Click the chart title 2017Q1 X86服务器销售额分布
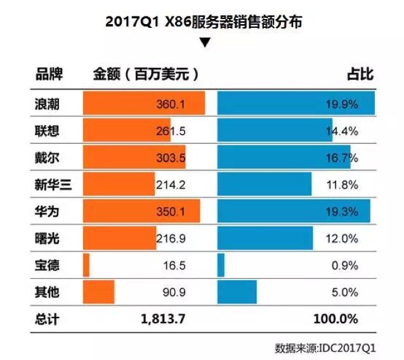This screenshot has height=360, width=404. pyautogui.click(x=204, y=22)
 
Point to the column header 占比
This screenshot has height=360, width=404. pyautogui.click(x=360, y=74)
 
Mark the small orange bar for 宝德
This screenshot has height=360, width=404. pyautogui.click(x=86, y=266)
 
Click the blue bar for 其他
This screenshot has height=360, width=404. pyautogui.click(x=237, y=293)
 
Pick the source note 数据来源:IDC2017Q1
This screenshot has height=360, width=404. pyautogui.click(x=325, y=348)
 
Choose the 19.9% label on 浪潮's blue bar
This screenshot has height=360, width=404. pyautogui.click(x=342, y=103)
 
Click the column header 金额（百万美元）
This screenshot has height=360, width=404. pyautogui.click(x=146, y=74)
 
